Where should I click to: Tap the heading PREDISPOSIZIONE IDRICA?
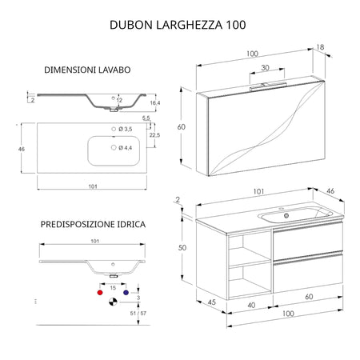pos(93,225)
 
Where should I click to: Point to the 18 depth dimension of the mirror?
pos(321,48)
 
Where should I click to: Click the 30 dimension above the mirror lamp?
pos(265,69)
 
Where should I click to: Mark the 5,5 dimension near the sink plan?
pos(146,118)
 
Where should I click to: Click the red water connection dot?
pos(99,294)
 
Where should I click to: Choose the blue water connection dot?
pos(126,294)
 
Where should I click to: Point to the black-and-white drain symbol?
pos(113,301)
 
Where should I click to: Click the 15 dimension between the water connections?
pos(113,286)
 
